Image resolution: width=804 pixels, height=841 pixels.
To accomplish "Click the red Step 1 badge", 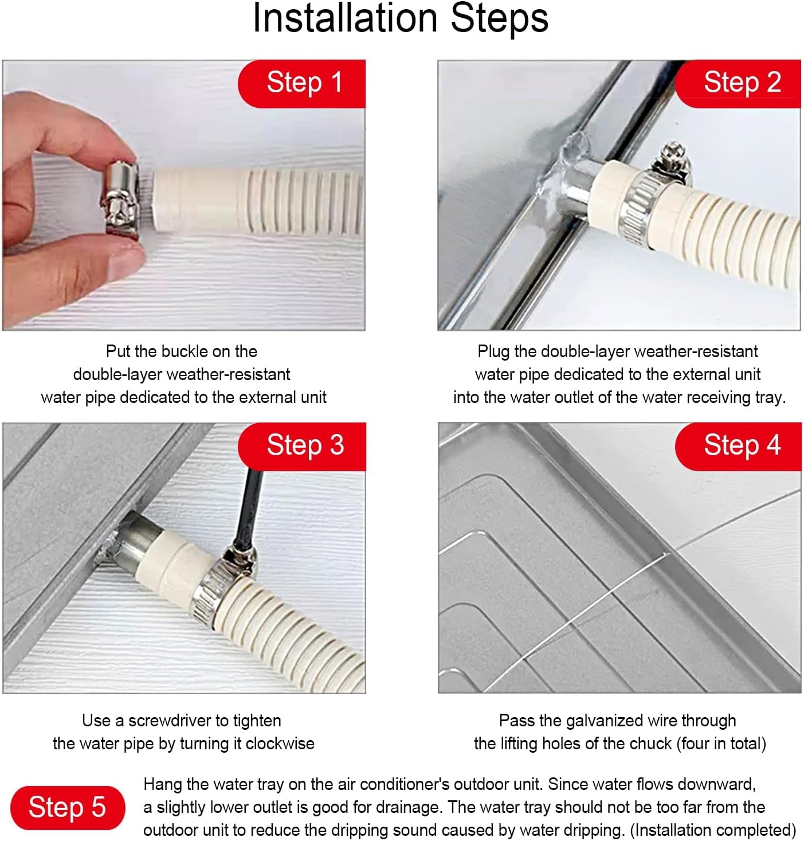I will pyautogui.click(x=304, y=83).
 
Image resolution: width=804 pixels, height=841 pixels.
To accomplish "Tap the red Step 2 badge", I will pyautogui.click(x=741, y=83).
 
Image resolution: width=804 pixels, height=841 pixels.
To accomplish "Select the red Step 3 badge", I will pyautogui.click(x=304, y=446).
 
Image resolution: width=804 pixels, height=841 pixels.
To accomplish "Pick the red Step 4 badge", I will pyautogui.click(x=741, y=446).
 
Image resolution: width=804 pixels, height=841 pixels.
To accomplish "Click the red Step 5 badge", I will pyautogui.click(x=67, y=808).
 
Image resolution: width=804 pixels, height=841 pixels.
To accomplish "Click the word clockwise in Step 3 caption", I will pyautogui.click(x=280, y=744).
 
